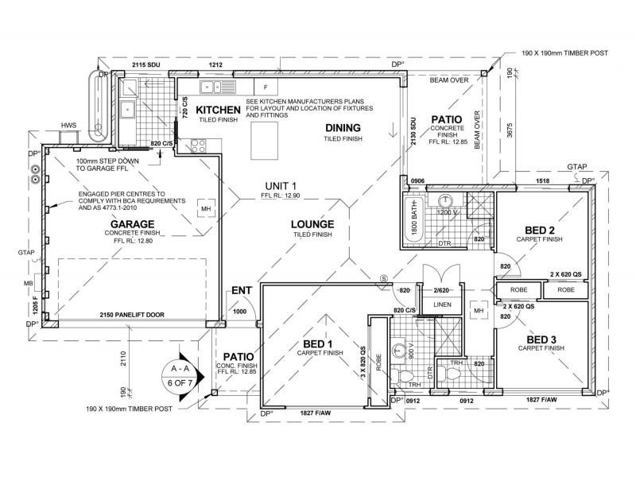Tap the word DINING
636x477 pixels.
tap(343, 128)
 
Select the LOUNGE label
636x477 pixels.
tap(312, 224)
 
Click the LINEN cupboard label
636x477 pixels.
tap(442, 305)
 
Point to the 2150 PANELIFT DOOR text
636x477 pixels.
tap(132, 315)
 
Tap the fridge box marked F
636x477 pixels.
tap(266, 86)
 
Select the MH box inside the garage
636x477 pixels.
tap(205, 208)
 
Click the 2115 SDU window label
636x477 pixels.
tap(148, 64)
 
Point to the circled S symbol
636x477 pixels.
tap(383, 277)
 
